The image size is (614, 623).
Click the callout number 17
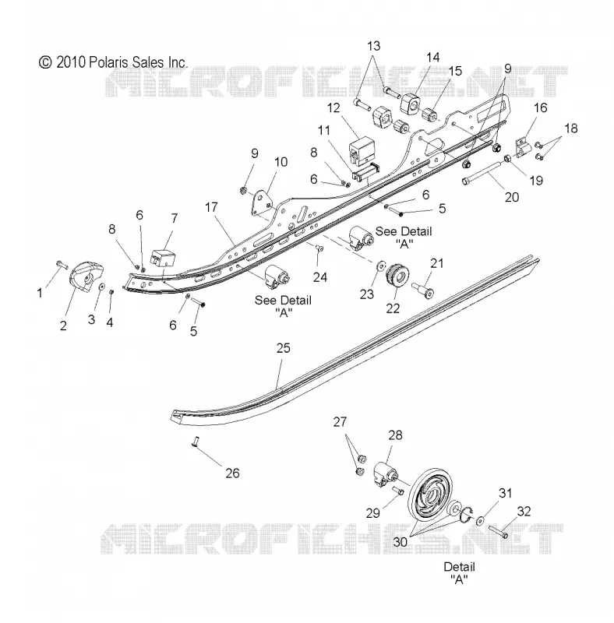coord(212,207)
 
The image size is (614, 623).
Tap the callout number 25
coord(284,348)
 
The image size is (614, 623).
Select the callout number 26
coord(233,473)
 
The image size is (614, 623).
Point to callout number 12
coord(333,107)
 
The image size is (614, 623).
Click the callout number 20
coord(512,197)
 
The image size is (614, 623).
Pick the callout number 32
coord(524,512)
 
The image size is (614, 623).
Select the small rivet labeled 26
coord(194,440)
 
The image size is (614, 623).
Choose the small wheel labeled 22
coord(397,276)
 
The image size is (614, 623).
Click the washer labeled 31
coord(480,519)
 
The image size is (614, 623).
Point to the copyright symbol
coord(45,62)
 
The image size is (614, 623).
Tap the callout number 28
coord(395,435)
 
